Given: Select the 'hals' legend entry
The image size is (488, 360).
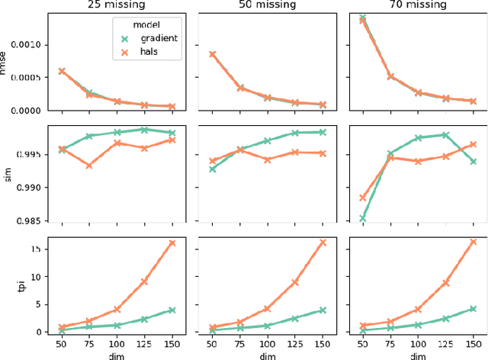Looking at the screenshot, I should tap(150, 52).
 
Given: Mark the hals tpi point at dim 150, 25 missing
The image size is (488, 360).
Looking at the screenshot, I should tap(172, 243).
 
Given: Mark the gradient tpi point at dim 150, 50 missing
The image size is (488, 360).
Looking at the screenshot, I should tap(323, 310).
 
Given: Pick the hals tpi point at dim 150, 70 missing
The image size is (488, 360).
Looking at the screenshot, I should tap(473, 242).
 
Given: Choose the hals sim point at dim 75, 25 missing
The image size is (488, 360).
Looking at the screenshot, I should tap(89, 166).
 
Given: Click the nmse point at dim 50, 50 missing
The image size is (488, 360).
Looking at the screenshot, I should tap(213, 55).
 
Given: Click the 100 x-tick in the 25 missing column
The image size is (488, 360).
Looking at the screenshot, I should tap(117, 342).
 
